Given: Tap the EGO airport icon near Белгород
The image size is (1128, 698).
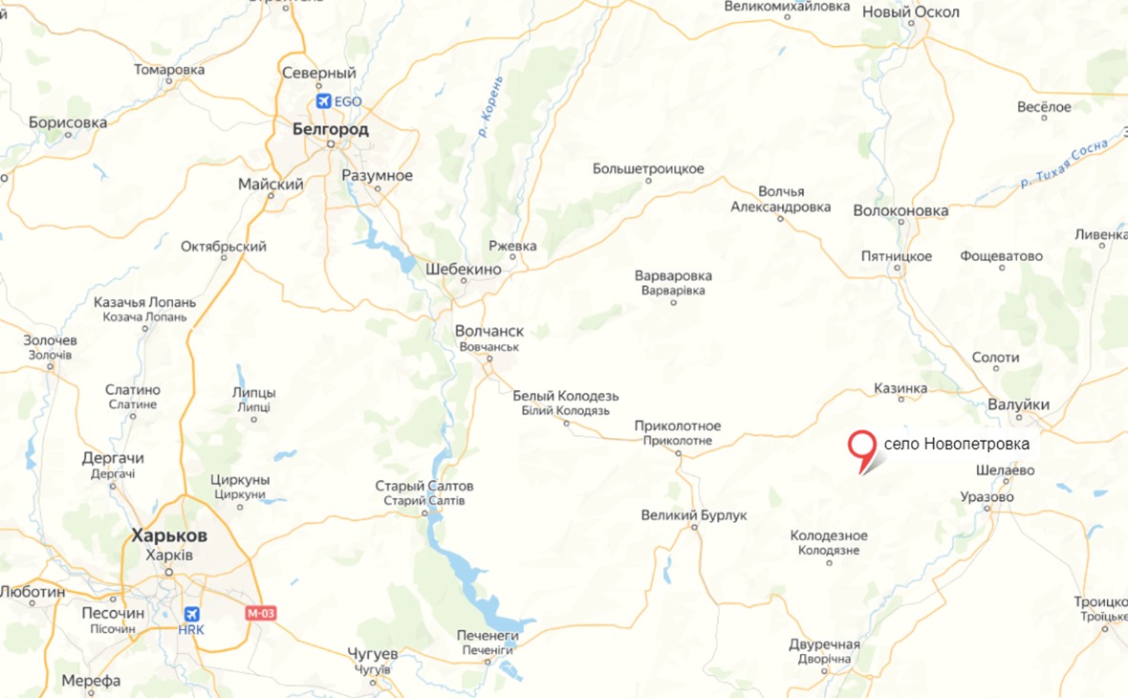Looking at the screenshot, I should point(324,100).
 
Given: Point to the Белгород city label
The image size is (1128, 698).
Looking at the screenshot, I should point(330,128).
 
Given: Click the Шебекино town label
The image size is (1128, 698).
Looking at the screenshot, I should point(464,270).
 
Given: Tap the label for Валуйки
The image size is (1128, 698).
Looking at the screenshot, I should point(1018,405).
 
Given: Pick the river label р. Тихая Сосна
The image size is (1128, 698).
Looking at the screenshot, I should point(1064,164).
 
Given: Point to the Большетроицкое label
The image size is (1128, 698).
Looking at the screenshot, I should point(648,169).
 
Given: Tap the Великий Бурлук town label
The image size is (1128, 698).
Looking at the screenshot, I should point(693,516).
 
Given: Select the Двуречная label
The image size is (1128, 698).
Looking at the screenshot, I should point(825,644).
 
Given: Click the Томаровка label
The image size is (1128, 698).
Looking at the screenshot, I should point(169,70).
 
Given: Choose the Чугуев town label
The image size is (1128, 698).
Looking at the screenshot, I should point(372,654).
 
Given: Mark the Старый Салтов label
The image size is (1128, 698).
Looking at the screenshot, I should point(423,487).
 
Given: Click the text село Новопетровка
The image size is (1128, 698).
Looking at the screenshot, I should point(956,445).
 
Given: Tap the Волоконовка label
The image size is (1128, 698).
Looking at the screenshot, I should point(900,210).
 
